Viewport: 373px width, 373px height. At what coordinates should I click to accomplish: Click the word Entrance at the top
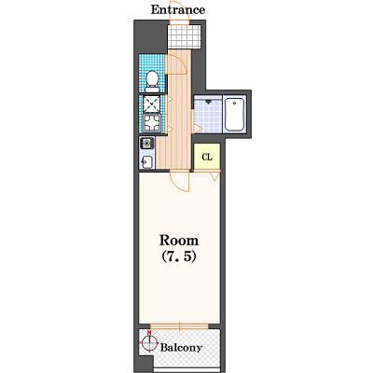(178, 9)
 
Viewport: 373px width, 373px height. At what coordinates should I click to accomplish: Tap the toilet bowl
(152, 80)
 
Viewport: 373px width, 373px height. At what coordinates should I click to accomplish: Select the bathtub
(234, 115)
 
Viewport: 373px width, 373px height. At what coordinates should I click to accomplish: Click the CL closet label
(207, 158)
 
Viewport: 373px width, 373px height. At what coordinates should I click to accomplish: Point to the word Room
(179, 241)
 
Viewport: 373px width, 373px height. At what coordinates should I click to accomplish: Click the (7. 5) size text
(179, 256)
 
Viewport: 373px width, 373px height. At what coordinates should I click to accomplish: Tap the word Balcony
(181, 348)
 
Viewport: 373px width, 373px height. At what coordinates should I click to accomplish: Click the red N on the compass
(149, 333)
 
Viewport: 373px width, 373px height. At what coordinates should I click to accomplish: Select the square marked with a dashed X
(152, 104)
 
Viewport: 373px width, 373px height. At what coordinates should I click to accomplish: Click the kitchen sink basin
(146, 162)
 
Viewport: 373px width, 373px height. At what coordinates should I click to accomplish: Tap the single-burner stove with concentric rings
(146, 144)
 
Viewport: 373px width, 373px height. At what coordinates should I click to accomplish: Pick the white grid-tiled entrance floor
(185, 36)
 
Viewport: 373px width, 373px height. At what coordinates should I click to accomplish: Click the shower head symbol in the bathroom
(208, 102)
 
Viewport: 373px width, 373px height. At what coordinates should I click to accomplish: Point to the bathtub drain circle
(234, 102)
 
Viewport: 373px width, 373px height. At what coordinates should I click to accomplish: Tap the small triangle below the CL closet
(214, 176)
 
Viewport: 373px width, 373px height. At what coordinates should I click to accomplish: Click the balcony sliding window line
(179, 326)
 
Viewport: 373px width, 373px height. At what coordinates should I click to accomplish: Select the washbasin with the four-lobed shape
(152, 123)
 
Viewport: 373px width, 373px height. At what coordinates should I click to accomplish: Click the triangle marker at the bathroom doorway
(197, 128)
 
